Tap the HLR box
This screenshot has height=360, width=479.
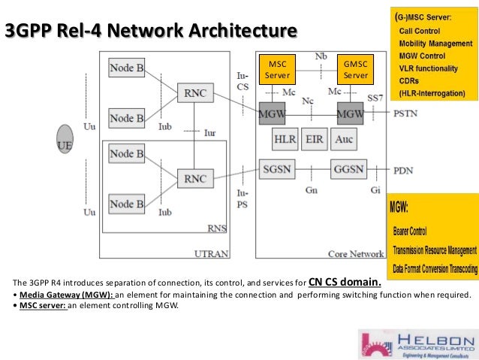coord(285,140)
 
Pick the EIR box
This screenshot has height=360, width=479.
coord(315,140)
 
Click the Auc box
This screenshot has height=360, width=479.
coord(343,140)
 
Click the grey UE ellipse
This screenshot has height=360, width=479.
coord(65,143)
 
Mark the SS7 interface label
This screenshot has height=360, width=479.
coord(375,98)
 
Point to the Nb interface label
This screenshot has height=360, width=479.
coord(321,56)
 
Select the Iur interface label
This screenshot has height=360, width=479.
coord(209,132)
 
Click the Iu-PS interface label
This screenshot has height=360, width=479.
coord(242,197)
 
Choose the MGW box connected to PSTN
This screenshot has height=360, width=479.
coord(350,113)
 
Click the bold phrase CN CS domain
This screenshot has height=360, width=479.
coord(345,283)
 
